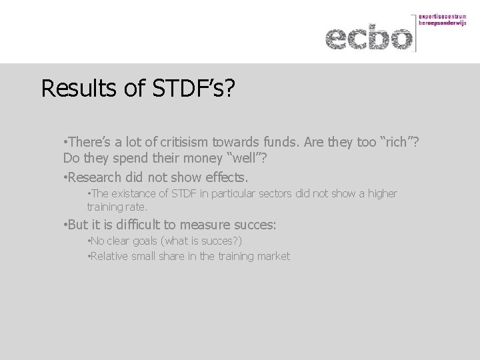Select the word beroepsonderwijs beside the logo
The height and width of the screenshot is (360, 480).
443,23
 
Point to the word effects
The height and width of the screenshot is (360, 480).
225,177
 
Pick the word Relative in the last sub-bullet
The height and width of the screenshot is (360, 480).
107,256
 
